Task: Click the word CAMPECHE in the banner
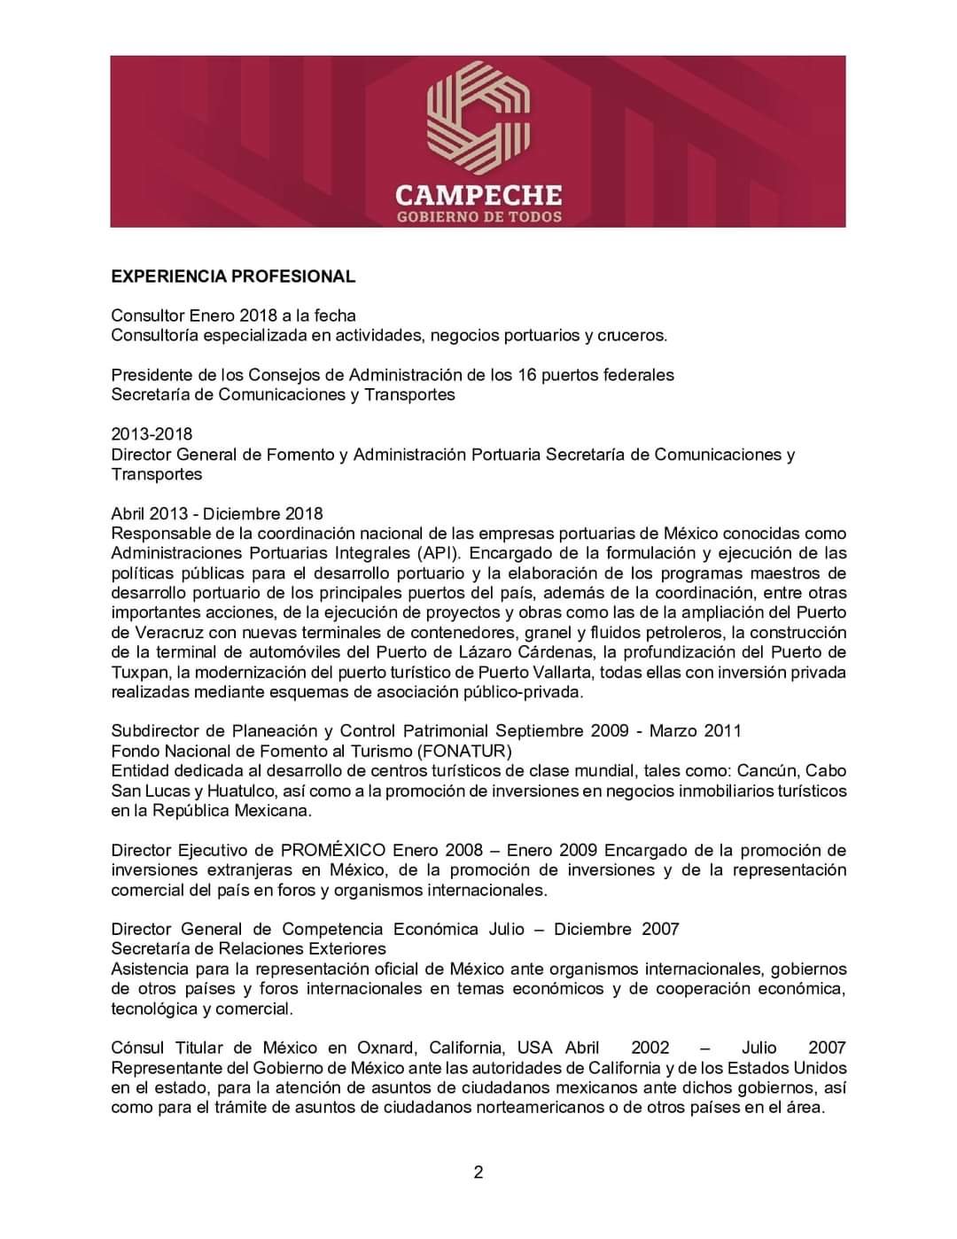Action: [x=478, y=194]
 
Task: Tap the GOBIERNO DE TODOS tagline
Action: [x=478, y=216]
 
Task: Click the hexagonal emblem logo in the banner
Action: [x=478, y=116]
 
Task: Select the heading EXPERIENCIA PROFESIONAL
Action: [x=233, y=277]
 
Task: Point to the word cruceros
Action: [x=632, y=335]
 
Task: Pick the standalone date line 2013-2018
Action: [x=152, y=434]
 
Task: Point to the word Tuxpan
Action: [x=137, y=672]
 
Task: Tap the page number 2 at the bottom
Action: [x=478, y=1173]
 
